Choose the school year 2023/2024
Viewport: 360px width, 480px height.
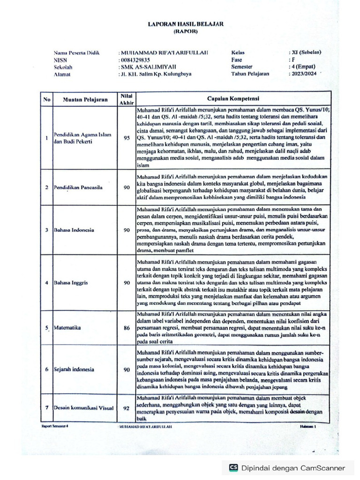coord(303,74)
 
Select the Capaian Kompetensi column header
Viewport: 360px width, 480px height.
coord(233,98)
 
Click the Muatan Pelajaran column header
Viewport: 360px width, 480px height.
coord(82,99)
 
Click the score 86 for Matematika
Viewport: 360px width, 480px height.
coord(127,328)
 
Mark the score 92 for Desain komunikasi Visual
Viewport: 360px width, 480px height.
coord(126,408)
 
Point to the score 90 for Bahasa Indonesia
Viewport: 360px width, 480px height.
coord(127,230)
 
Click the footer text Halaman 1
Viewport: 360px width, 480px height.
coord(309,427)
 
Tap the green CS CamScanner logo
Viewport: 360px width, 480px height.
coord(233,467)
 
